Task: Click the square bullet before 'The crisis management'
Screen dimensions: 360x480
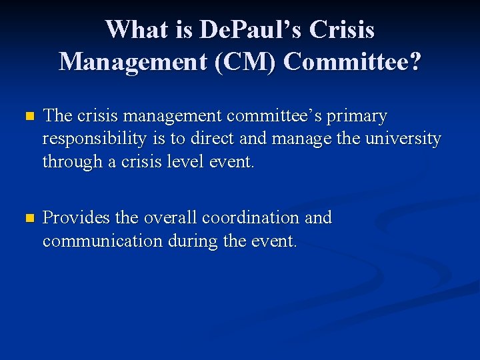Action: [x=28, y=117]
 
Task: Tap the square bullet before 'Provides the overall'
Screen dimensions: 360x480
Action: [x=28, y=218]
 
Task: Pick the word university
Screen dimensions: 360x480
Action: [x=401, y=139]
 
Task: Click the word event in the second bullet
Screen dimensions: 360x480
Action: [x=275, y=241]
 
